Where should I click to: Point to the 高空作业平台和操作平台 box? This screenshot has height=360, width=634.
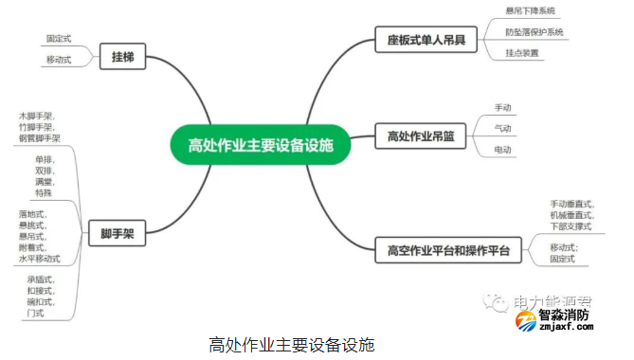(x=448, y=251)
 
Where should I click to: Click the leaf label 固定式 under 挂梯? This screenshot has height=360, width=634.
(x=59, y=40)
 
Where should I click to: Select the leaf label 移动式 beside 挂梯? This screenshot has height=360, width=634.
(x=59, y=61)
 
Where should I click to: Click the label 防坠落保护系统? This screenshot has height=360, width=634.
(x=534, y=32)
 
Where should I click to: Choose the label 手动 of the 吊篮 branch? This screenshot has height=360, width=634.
(x=503, y=107)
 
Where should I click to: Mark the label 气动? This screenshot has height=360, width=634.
(x=503, y=129)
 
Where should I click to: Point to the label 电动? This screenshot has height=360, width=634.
(x=503, y=151)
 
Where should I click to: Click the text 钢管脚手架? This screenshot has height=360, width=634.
(x=39, y=138)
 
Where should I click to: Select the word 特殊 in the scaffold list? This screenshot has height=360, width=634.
(x=44, y=193)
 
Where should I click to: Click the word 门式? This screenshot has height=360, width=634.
(x=36, y=313)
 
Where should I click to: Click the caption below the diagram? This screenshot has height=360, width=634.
(x=291, y=344)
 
